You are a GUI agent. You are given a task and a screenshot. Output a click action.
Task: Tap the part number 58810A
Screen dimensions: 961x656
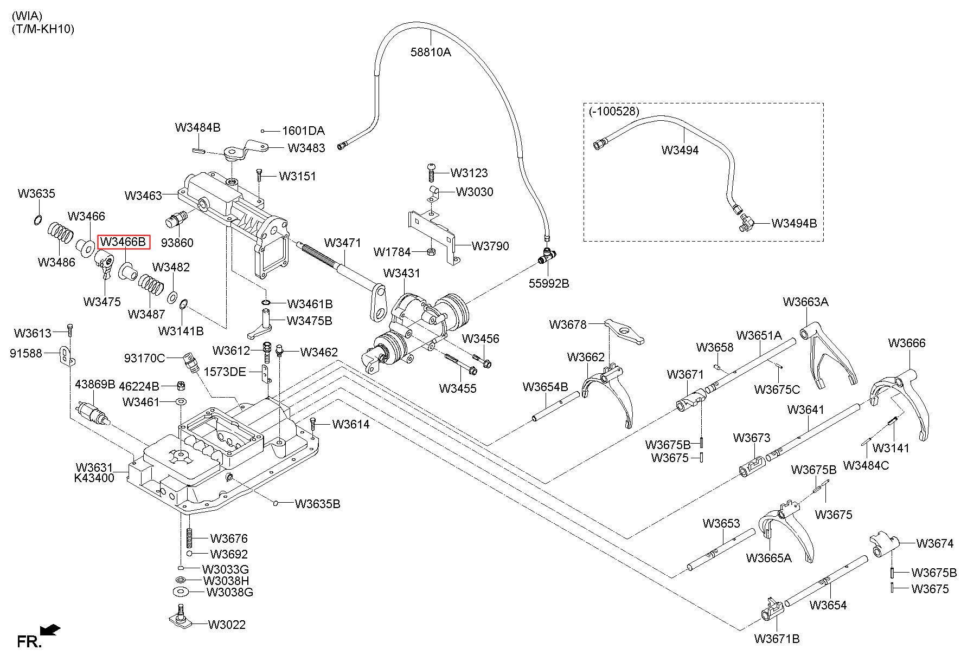(x=431, y=52)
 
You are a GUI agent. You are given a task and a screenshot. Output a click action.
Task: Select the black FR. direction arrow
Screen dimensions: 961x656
(x=52, y=630)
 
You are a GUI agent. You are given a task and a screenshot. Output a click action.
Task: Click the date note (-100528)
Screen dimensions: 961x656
(x=614, y=111)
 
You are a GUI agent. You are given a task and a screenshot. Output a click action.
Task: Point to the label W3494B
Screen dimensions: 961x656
(x=794, y=223)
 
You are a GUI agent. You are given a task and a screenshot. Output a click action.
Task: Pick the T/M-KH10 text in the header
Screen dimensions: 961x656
(x=43, y=29)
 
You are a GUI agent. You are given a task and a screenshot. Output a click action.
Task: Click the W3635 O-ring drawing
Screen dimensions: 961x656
(x=37, y=219)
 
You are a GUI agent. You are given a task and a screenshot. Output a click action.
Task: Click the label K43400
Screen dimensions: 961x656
(x=94, y=478)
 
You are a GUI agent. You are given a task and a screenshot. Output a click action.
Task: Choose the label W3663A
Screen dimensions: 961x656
(x=805, y=302)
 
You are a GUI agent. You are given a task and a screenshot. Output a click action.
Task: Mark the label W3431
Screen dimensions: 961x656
(x=401, y=273)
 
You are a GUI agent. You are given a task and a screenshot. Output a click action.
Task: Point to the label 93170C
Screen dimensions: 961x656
(x=144, y=358)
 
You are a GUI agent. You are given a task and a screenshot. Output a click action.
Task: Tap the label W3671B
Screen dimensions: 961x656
(x=777, y=639)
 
